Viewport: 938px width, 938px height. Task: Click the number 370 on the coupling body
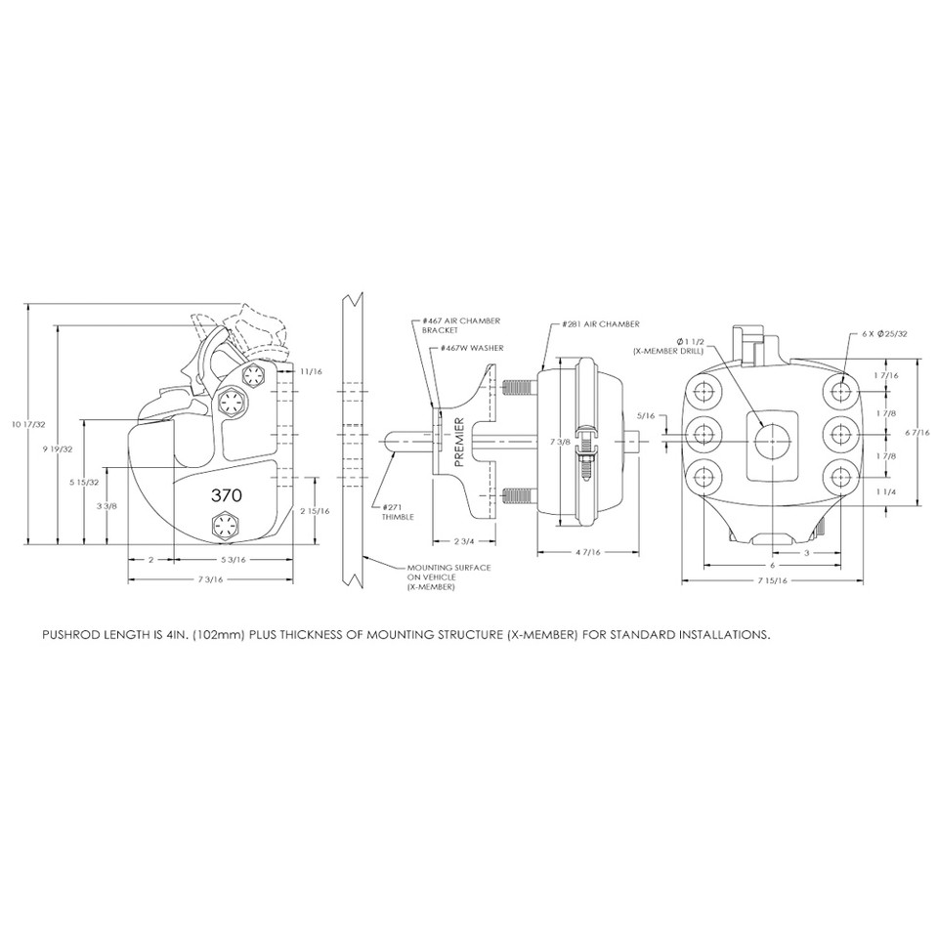pos(226,495)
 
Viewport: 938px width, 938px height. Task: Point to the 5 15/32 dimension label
pos(82,483)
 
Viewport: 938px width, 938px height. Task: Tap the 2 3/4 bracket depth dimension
pos(464,540)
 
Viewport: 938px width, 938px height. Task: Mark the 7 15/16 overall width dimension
pos(772,580)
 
